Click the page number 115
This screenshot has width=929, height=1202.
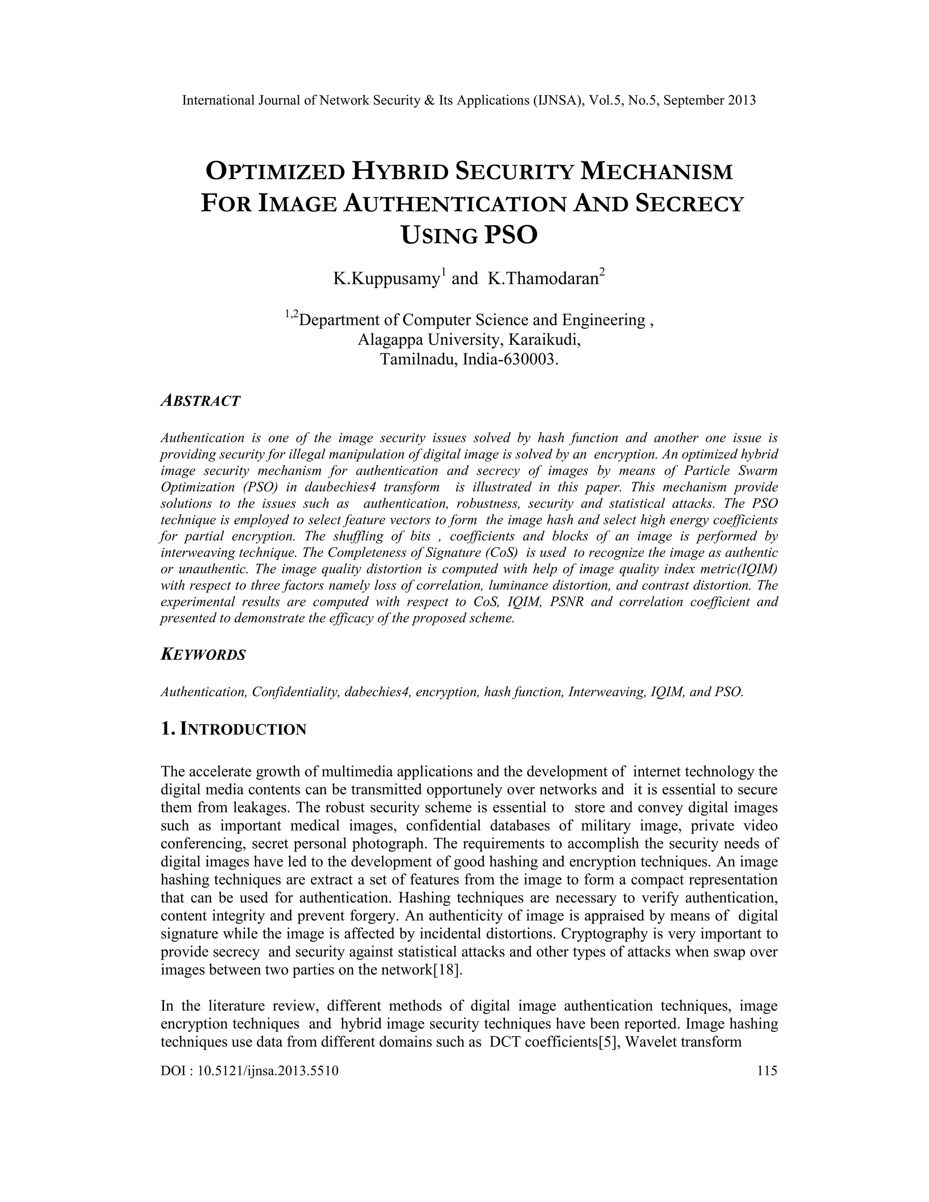point(767,1070)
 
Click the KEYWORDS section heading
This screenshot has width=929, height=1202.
point(203,655)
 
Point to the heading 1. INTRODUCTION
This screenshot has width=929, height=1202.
point(233,729)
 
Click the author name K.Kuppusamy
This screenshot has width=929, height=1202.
point(385,279)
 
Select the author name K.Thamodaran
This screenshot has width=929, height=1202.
point(543,279)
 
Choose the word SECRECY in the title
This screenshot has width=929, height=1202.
point(689,204)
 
